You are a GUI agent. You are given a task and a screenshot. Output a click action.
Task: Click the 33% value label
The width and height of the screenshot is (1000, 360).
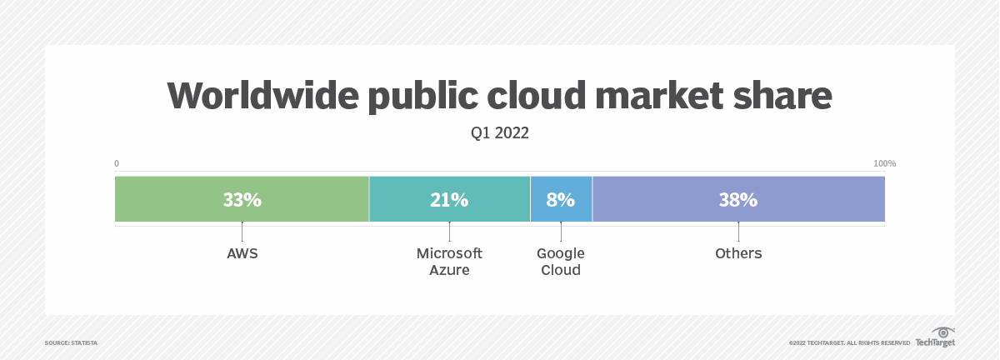[x=242, y=200]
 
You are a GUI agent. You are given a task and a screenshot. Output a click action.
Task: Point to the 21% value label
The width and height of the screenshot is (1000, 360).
[x=449, y=200]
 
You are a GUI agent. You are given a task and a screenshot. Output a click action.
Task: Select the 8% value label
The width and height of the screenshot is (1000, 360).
[x=561, y=200]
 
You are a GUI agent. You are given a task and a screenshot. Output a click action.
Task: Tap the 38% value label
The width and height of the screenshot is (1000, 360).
[x=738, y=200]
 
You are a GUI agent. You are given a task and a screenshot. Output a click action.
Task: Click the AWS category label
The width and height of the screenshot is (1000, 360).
[x=242, y=253]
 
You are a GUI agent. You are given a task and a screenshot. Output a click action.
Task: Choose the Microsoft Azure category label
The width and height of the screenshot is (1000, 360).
[x=449, y=262]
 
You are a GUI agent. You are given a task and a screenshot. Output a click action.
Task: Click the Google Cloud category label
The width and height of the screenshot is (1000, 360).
[x=561, y=262]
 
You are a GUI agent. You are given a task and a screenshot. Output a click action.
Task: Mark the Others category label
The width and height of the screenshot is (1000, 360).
[x=738, y=253]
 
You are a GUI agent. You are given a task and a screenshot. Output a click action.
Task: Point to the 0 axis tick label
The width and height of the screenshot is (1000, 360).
[x=117, y=163]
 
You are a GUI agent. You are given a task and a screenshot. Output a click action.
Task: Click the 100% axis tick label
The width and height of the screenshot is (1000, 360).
[x=884, y=163]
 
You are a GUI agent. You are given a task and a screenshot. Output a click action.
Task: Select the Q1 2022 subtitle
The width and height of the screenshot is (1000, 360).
[x=500, y=133]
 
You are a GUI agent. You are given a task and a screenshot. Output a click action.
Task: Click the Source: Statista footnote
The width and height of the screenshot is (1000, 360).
[x=71, y=342]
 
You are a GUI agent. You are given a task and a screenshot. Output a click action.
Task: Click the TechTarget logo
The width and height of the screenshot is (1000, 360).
[x=936, y=337]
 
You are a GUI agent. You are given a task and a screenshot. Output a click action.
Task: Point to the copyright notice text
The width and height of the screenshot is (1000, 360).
[x=849, y=342]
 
